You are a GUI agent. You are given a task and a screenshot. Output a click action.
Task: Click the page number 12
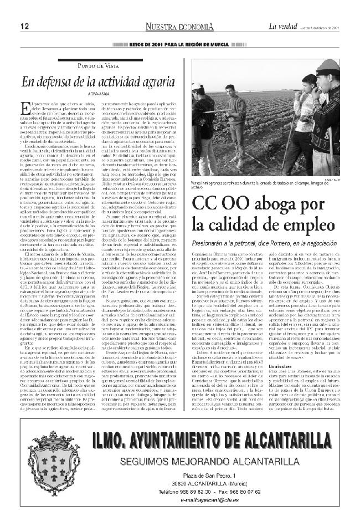25,27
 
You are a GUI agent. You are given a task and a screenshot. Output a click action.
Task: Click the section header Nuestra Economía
179,27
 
